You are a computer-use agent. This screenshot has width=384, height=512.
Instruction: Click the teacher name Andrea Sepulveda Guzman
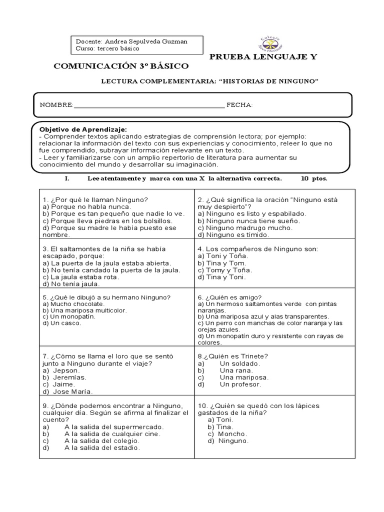coord(145,41)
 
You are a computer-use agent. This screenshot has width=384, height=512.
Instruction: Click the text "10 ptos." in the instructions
coord(314,178)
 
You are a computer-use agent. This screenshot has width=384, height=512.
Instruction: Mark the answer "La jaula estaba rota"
coord(80,277)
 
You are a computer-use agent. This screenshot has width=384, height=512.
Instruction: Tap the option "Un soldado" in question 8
coord(232,363)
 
